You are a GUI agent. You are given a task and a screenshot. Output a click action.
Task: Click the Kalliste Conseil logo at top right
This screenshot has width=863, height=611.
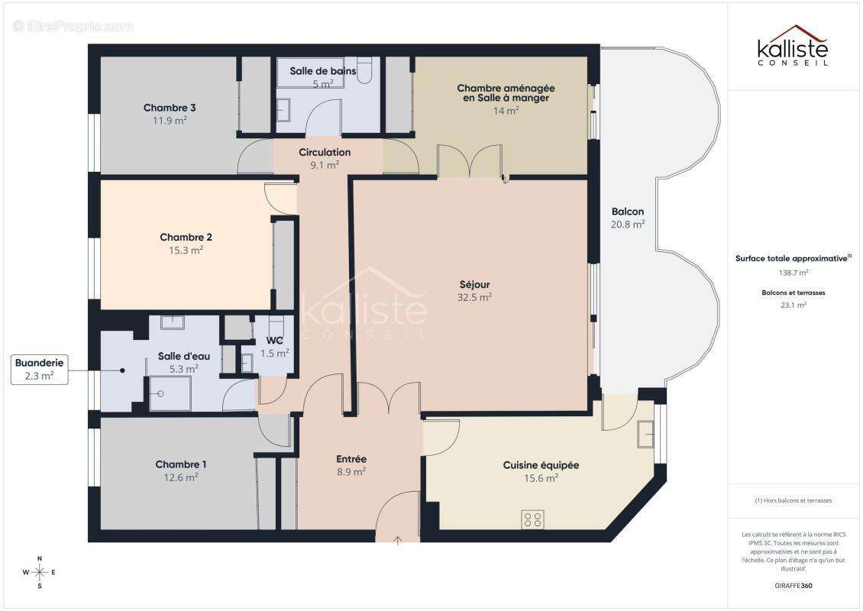click(792, 46)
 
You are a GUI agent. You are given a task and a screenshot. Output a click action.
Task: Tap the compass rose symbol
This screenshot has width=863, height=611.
click(40, 571)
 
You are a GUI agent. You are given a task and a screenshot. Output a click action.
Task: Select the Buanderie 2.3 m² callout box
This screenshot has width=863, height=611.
click(39, 370)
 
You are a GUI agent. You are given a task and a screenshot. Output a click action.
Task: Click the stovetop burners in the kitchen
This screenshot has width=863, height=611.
click(533, 519)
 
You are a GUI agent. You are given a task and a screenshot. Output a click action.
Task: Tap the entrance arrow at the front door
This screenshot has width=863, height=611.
click(398, 541)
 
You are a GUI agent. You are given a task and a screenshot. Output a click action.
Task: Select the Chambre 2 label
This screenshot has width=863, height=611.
click(181, 238)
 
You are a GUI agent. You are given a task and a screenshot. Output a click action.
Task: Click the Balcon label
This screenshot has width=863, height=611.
click(628, 212)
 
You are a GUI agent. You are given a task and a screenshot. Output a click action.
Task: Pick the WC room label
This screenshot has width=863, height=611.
click(275, 341)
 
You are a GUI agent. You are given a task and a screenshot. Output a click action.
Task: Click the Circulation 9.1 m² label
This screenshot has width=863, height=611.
click(325, 158)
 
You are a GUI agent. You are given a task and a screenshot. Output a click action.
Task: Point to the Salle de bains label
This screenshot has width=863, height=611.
click(322, 71)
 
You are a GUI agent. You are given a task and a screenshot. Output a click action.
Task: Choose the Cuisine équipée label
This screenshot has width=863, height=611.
click(541, 465)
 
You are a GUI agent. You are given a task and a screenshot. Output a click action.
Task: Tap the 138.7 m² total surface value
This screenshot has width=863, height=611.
click(794, 272)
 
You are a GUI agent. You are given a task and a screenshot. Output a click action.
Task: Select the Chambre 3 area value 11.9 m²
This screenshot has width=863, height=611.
click(170, 121)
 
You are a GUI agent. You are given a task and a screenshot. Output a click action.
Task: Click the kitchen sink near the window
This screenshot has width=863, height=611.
click(646, 434)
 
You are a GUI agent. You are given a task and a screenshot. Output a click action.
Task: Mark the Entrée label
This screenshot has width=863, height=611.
click(351, 459)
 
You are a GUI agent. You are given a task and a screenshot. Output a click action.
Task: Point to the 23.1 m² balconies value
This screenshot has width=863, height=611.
click(794, 304)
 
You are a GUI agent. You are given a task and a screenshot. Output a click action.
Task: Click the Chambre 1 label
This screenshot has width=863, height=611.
click(181, 464)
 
